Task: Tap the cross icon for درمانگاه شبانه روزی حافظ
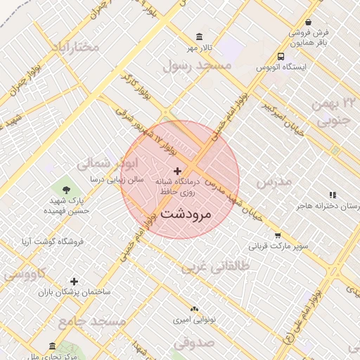[x=177, y=171]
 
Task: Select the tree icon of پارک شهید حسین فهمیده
[x=67, y=189]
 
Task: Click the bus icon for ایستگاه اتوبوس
[x=281, y=56]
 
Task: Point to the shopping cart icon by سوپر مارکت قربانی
[x=278, y=236]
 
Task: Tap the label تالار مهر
[x=199, y=48]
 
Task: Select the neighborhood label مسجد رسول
[x=197, y=66]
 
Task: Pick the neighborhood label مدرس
[x=274, y=181]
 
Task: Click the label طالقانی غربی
[x=211, y=268]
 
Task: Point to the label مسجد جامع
[x=91, y=321]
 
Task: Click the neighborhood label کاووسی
[x=25, y=274]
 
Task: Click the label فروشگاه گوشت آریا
[x=53, y=241]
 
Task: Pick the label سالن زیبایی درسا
[x=116, y=179]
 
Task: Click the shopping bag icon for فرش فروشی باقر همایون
[x=308, y=22]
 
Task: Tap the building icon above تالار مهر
[x=200, y=37]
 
